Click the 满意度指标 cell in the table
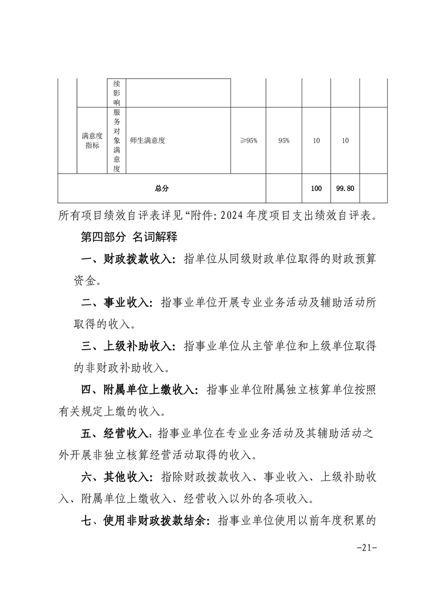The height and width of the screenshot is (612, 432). pos(92,140)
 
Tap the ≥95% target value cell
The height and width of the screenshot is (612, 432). pos(248,140)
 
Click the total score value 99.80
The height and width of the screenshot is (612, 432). pos(345,188)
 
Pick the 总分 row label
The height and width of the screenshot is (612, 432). pos(161,188)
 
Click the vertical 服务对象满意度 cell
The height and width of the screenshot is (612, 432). pos(117,140)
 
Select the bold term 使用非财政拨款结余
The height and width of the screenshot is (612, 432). pos(153,520)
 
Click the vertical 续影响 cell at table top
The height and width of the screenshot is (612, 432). pos(117,93)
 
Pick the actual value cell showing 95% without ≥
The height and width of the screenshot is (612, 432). pos(283,140)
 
